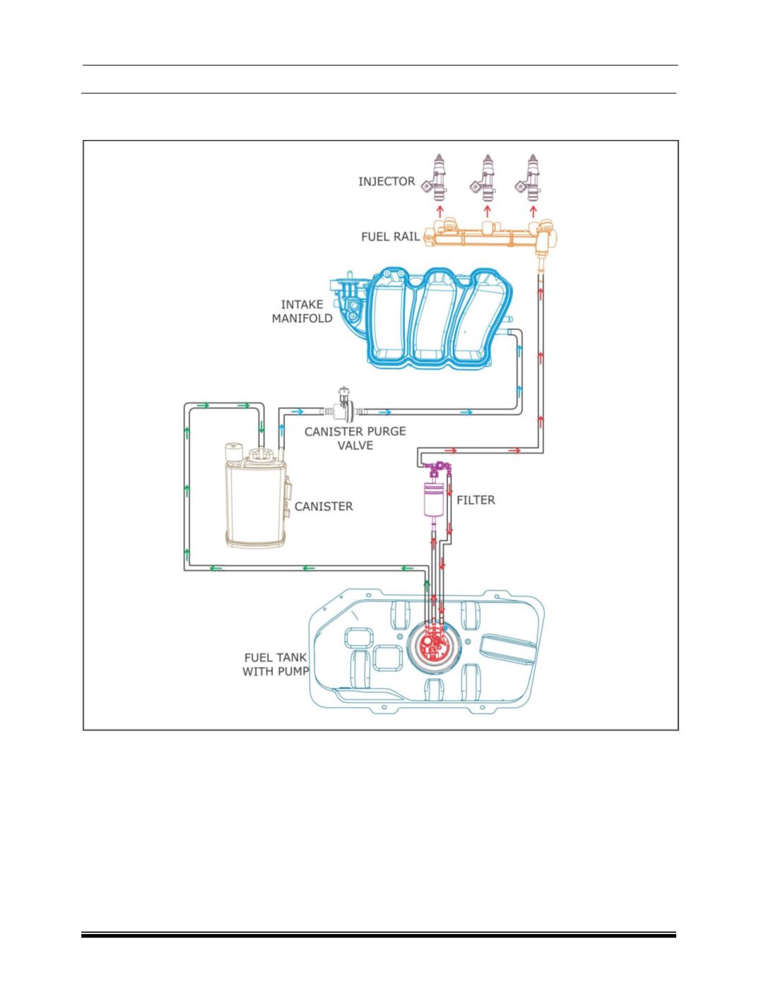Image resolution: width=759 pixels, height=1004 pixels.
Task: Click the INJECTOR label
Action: [386, 182]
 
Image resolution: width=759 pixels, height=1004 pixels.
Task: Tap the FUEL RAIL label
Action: [390, 237]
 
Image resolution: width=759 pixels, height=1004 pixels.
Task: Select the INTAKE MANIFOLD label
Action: [302, 311]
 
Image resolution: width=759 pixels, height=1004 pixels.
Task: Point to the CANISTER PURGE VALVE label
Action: [355, 438]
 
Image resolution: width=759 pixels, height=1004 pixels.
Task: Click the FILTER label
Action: [476, 500]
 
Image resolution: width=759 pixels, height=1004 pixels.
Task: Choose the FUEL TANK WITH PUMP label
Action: [276, 665]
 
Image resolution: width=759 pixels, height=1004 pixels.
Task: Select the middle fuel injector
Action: [483, 177]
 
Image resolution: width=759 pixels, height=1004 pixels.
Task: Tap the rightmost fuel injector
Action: [528, 177]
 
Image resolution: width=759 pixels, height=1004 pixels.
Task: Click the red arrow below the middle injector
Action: [487, 211]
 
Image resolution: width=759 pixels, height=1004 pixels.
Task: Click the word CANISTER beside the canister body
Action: [324, 507]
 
